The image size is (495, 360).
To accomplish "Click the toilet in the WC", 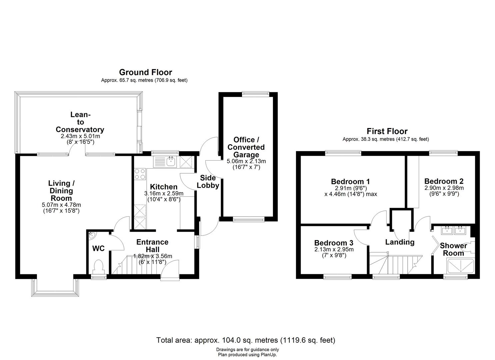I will tap(99, 267).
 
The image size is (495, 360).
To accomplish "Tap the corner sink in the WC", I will tap(92, 236).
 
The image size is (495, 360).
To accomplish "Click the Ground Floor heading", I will tap(145, 72).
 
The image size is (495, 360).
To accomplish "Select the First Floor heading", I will tap(387, 131).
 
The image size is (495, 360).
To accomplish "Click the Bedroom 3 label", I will tap(334, 243).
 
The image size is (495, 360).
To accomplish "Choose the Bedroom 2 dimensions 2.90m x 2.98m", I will tap(444, 188).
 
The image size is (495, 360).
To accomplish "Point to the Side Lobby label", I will tap(208, 182).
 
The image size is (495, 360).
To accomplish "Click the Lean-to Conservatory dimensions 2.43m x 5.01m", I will tap(80, 136).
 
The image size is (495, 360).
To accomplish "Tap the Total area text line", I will tap(246, 340).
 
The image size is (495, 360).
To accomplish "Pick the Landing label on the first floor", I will tap(400, 242).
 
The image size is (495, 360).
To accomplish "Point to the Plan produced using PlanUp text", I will tap(247, 355).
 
